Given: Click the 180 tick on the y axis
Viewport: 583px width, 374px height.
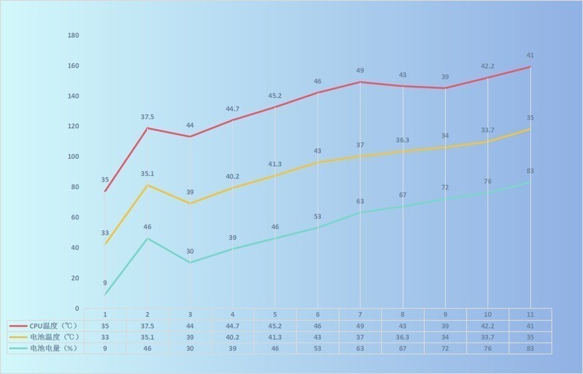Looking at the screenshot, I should tap(73, 35).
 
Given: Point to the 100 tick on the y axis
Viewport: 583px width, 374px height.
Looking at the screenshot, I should tap(73, 157).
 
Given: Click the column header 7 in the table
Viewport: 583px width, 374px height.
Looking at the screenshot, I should tap(360, 314).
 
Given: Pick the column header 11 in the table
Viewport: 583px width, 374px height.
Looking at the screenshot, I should tap(530, 314).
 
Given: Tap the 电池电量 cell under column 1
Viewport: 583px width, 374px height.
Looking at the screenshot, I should tap(105, 349).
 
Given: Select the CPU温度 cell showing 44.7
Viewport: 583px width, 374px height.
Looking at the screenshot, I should tap(232, 326).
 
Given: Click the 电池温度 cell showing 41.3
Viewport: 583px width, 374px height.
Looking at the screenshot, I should tap(275, 338).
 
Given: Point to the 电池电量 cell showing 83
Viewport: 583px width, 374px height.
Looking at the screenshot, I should tap(530, 349).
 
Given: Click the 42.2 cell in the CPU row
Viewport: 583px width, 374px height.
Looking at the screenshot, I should tap(488, 326).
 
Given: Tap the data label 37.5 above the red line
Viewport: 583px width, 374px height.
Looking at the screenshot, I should tap(147, 116).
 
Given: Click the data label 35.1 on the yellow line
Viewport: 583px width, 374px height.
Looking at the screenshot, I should tap(147, 174).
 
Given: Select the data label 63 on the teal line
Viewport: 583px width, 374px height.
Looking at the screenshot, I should tap(360, 201).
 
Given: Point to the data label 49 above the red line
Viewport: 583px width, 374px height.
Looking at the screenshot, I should tap(360, 71).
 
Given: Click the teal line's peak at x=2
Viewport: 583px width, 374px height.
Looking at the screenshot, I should tap(147, 238).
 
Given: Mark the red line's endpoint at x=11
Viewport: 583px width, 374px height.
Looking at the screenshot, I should tap(530, 67).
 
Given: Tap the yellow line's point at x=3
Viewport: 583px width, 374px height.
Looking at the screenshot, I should tap(190, 203).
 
